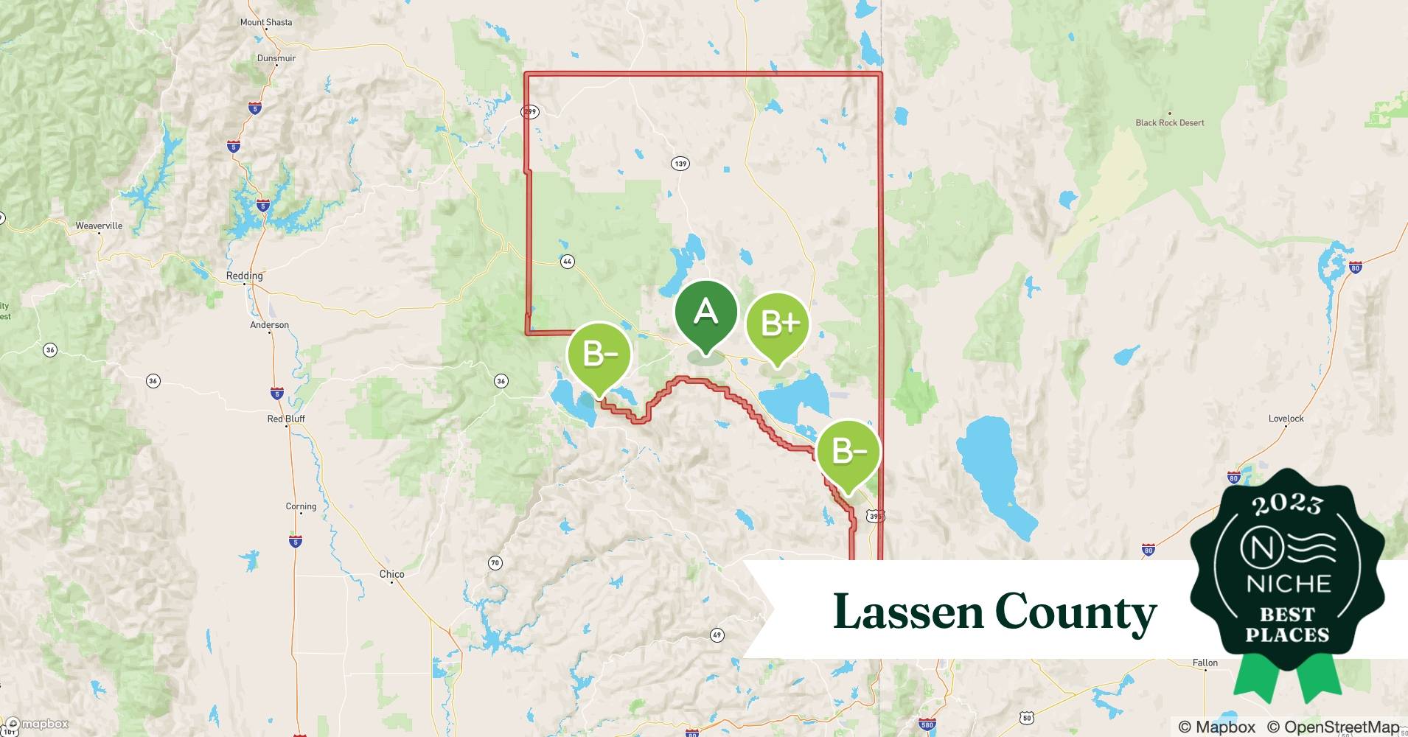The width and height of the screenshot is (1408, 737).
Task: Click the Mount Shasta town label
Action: pos(266,22)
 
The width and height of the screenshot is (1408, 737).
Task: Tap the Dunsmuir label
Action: pos(276,58)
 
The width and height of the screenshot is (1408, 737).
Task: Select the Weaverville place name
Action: pos(99,226)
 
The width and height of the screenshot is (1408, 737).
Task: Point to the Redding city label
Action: pos(244,276)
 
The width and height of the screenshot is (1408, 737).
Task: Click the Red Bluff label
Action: pos(286,419)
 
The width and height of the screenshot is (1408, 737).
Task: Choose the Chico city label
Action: pos(391,574)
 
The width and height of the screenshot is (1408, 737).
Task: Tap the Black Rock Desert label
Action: pos(1169,122)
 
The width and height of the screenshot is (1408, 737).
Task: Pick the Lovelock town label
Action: pos(1286,419)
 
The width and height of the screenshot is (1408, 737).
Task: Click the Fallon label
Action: pos(1205,663)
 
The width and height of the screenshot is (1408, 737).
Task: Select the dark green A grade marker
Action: pos(705,312)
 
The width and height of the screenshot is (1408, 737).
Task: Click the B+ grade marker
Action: pos(777,324)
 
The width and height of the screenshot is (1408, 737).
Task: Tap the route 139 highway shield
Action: pos(680,163)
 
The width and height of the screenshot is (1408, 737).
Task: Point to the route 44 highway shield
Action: pos(567,261)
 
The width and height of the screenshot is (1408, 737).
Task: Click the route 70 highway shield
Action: pos(495,563)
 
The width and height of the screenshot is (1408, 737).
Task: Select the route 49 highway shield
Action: pos(717,635)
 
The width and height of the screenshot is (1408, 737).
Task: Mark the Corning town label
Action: pos(301,506)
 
